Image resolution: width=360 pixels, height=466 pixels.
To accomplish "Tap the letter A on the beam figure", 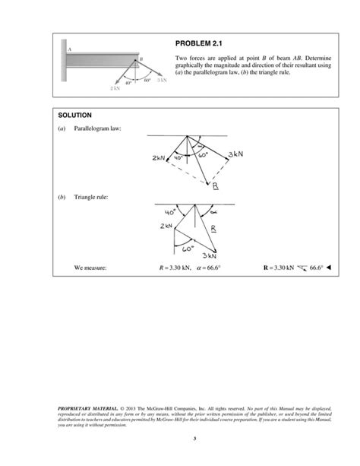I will (x=69, y=49).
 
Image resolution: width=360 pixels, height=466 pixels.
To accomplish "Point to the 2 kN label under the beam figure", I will (x=115, y=89).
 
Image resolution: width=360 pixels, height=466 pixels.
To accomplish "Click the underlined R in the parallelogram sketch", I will (x=215, y=185).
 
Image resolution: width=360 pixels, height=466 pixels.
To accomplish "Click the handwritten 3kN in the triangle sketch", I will (x=210, y=257).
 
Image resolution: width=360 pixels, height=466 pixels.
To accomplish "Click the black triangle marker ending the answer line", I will (x=329, y=268).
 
